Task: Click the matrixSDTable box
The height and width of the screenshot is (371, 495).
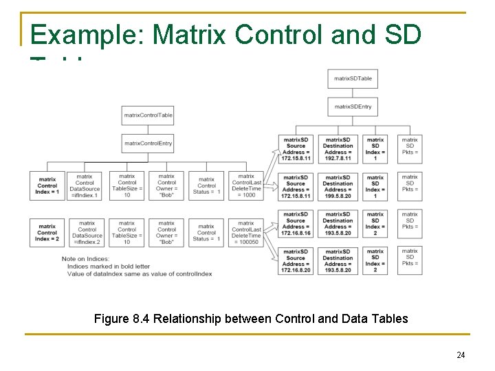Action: (x=353, y=79)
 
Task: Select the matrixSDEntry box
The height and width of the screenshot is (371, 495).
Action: (x=353, y=106)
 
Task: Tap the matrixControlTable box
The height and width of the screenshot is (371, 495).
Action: (x=148, y=115)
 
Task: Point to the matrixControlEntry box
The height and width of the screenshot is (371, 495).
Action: (x=148, y=143)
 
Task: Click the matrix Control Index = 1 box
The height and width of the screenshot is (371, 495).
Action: (x=47, y=186)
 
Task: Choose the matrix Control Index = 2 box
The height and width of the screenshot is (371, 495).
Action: (x=47, y=232)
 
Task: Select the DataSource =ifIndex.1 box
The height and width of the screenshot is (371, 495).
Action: (x=85, y=186)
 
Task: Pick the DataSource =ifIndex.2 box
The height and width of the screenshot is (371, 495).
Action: (x=87, y=232)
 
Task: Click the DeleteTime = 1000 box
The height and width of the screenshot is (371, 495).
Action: (x=246, y=186)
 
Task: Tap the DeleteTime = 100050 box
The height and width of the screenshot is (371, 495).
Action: (x=246, y=232)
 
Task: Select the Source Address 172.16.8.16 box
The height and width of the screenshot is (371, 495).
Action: (x=296, y=223)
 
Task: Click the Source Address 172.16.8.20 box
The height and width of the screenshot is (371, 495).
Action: (x=296, y=260)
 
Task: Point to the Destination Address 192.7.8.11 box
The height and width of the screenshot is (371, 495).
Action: (x=338, y=149)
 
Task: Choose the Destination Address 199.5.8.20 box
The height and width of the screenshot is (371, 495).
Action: (x=338, y=186)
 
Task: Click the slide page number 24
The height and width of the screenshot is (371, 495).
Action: (x=461, y=355)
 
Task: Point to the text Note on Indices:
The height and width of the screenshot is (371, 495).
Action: (x=86, y=258)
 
